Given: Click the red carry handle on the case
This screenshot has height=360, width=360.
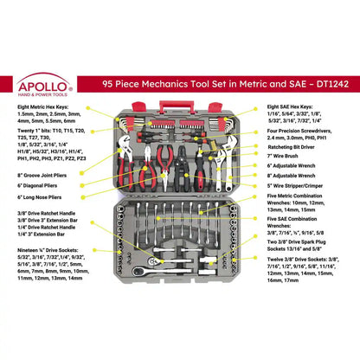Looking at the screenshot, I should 179,106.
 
